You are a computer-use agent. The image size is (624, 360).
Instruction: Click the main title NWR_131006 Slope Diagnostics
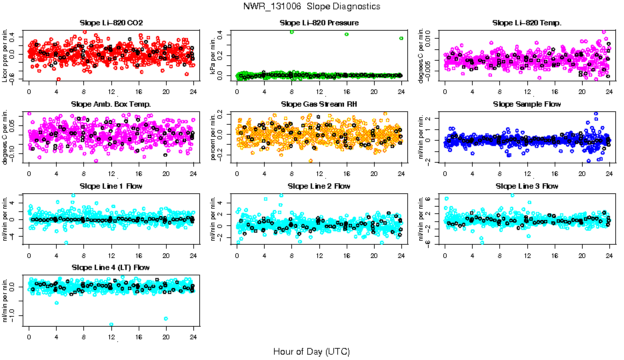[312, 6]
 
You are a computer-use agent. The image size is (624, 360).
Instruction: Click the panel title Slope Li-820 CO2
[111, 23]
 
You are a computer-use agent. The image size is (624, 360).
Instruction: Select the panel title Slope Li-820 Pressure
[319, 23]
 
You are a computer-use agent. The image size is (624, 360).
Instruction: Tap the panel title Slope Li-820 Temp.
[527, 23]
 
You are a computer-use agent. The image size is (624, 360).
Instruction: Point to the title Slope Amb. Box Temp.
[111, 105]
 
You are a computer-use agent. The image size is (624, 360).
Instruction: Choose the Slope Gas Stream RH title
[319, 105]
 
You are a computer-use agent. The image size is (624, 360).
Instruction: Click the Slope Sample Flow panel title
[527, 105]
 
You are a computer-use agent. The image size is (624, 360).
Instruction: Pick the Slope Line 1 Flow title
[111, 186]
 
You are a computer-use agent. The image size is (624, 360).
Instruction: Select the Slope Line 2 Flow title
[319, 186]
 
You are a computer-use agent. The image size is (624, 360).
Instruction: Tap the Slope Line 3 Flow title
[527, 186]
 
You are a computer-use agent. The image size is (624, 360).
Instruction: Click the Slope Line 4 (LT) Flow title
[111, 268]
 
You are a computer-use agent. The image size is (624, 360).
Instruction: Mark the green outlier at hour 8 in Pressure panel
[292, 32]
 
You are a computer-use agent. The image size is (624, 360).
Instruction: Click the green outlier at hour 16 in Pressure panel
[347, 34]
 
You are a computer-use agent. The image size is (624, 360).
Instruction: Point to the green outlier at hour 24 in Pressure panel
[401, 39]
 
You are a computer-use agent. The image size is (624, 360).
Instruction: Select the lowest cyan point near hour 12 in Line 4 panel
[111, 325]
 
